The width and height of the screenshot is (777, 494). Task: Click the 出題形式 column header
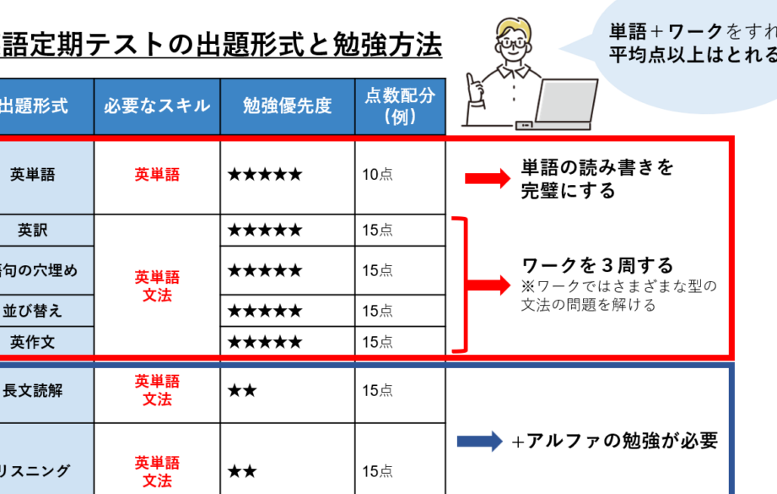click(40, 106)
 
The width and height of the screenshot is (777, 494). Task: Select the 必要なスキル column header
click(157, 106)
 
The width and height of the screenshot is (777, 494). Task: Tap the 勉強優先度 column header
click(287, 106)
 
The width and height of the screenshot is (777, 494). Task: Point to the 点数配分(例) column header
click(400, 106)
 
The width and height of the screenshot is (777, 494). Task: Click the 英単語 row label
click(34, 176)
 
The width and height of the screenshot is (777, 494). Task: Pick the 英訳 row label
click(34, 230)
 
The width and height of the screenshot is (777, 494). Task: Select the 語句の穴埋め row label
click(38, 270)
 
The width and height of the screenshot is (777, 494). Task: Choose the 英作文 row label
click(34, 342)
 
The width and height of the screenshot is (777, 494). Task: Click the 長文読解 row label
click(34, 392)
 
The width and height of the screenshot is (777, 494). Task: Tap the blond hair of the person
click(514, 33)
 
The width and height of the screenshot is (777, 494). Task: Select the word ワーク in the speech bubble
click(696, 32)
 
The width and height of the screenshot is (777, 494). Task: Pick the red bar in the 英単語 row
click(177, 175)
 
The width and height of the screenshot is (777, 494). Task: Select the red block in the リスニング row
click(177, 474)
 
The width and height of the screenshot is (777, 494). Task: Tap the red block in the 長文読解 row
click(177, 390)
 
